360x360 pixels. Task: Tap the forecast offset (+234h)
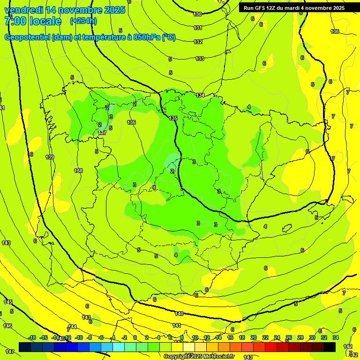83,21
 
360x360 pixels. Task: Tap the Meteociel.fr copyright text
199,357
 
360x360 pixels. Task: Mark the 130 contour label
197,15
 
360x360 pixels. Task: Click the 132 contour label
198,42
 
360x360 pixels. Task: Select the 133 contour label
200,59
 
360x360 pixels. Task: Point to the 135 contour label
173,119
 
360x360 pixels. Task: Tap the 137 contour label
102,133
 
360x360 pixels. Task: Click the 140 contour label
179,314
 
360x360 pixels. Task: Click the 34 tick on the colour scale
336,337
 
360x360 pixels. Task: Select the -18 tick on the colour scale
32,337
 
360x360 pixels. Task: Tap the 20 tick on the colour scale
253,337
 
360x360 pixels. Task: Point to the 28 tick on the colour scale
300,337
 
